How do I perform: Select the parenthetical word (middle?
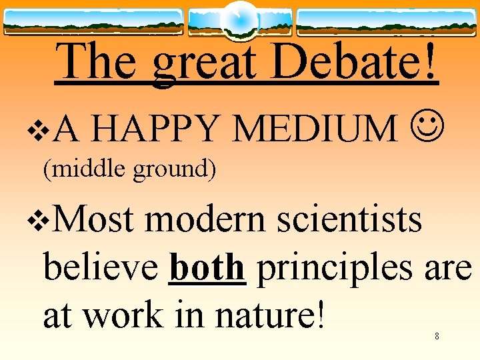point(86,170)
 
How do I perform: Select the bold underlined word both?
point(207,268)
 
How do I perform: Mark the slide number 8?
point(437,336)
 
